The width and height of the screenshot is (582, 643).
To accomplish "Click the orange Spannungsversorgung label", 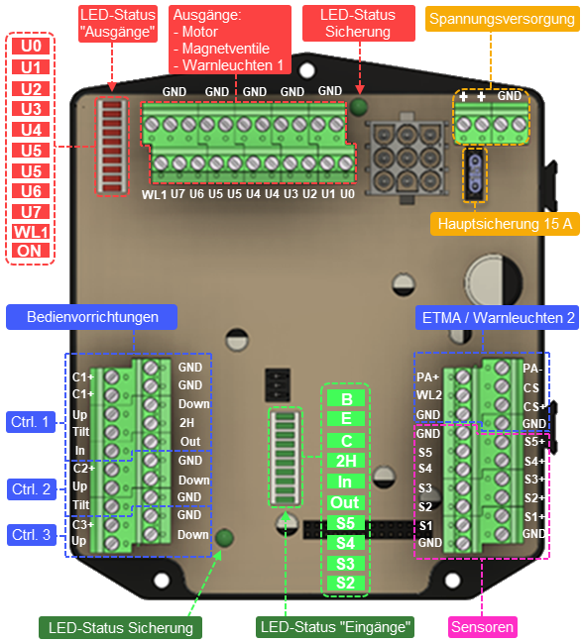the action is (502, 19).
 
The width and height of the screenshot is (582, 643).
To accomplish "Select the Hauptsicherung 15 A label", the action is (505, 224).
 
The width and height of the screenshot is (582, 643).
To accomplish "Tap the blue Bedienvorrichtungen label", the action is (92, 317).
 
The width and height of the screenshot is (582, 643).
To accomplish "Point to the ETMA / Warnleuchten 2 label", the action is (498, 318).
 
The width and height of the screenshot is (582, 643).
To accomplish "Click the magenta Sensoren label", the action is (482, 627).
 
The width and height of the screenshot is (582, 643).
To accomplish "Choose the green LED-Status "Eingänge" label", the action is (335, 627).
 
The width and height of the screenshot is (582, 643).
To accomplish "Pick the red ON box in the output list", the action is (30, 251).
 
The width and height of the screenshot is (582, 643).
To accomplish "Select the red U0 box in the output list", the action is (31, 46).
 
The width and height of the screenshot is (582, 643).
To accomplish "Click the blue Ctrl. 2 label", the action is (31, 489).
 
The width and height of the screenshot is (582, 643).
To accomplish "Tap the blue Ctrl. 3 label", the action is (31, 535).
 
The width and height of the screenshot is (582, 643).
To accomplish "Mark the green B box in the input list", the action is (346, 398).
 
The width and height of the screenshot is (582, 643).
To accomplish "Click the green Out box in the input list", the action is (346, 502).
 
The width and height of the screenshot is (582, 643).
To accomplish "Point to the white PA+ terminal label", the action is (427, 376).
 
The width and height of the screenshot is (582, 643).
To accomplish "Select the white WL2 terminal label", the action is (429, 395).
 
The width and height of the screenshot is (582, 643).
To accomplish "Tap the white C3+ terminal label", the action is (83, 524).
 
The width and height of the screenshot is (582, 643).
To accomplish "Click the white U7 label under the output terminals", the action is (177, 193).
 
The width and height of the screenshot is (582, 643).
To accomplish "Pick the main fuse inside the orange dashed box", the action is (475, 173).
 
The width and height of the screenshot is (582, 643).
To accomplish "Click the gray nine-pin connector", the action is (407, 158).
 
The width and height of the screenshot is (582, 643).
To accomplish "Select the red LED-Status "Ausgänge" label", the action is (118, 24).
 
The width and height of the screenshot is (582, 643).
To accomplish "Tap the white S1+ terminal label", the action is (534, 516).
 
